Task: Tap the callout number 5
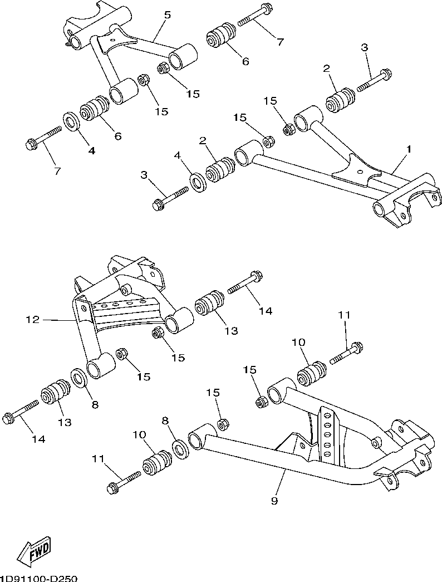pos(168,15)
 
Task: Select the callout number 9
pos(274,501)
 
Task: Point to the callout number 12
pos(33,319)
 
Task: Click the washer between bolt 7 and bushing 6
pos(71,121)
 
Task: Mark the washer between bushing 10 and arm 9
pos(180,449)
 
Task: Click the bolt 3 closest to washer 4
pos(170,197)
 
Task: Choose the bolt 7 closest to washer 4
pos(43,138)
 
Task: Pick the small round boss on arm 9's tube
pos(375,442)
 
